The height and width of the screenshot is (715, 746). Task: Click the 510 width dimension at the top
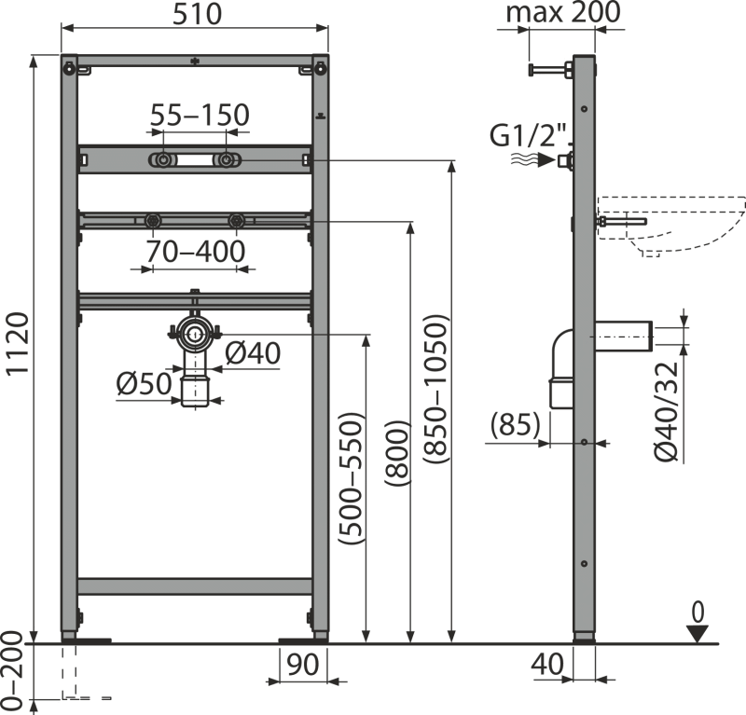[195, 16]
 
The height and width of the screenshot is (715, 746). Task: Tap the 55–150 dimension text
[200, 115]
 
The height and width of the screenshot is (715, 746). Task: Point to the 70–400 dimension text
[195, 252]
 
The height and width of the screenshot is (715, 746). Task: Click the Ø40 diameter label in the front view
[252, 354]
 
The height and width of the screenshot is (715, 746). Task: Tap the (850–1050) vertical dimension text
[435, 387]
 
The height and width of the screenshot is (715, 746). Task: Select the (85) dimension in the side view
[516, 425]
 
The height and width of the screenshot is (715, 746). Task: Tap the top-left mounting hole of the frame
[68, 67]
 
